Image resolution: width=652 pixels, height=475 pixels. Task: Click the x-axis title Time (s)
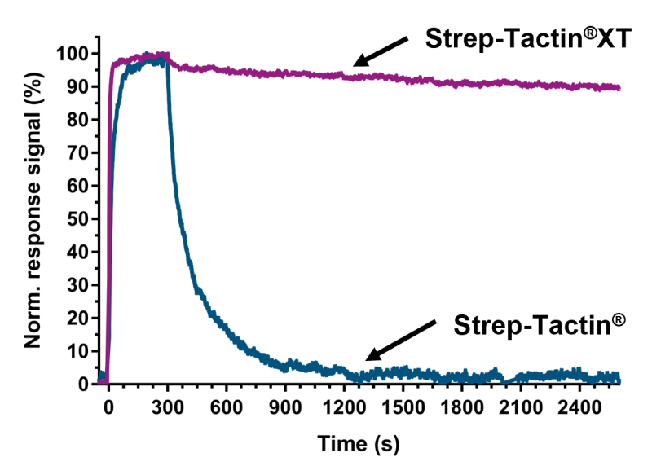[359, 446]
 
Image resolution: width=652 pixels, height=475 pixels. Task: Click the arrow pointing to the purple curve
[381, 51]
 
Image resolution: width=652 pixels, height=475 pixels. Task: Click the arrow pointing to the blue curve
[399, 338]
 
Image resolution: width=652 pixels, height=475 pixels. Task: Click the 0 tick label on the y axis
[83, 384]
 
